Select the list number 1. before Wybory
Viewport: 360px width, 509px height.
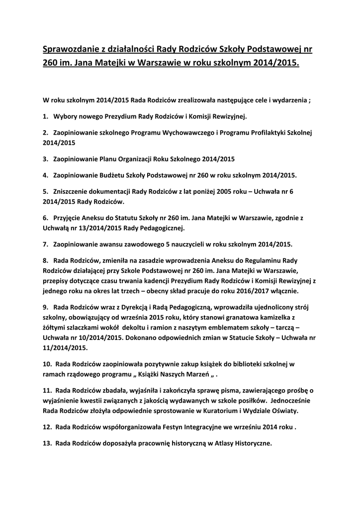point(45,117)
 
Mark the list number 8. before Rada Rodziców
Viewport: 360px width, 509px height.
point(45,260)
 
